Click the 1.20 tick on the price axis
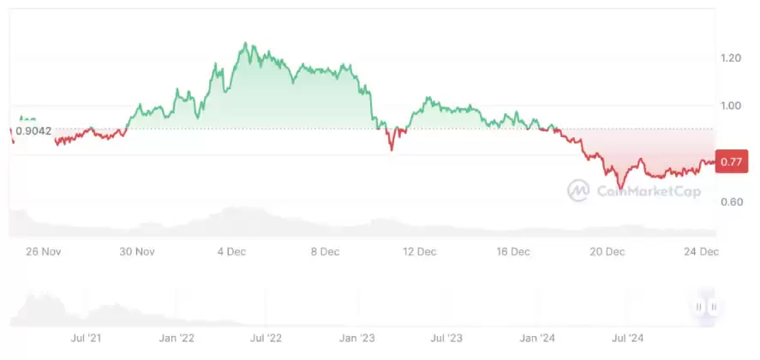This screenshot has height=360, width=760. (732, 57)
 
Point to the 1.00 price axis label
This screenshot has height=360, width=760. (732, 105)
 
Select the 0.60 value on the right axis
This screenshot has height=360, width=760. (732, 202)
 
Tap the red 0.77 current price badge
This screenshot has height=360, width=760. (731, 161)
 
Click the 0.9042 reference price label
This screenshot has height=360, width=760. (33, 130)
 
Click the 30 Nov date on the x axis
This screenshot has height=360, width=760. (137, 252)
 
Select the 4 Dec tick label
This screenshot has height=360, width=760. (231, 252)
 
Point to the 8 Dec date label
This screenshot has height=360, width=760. (326, 252)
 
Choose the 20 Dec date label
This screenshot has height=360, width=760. (608, 252)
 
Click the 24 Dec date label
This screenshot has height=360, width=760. (702, 252)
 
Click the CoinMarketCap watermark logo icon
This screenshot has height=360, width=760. (577, 190)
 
